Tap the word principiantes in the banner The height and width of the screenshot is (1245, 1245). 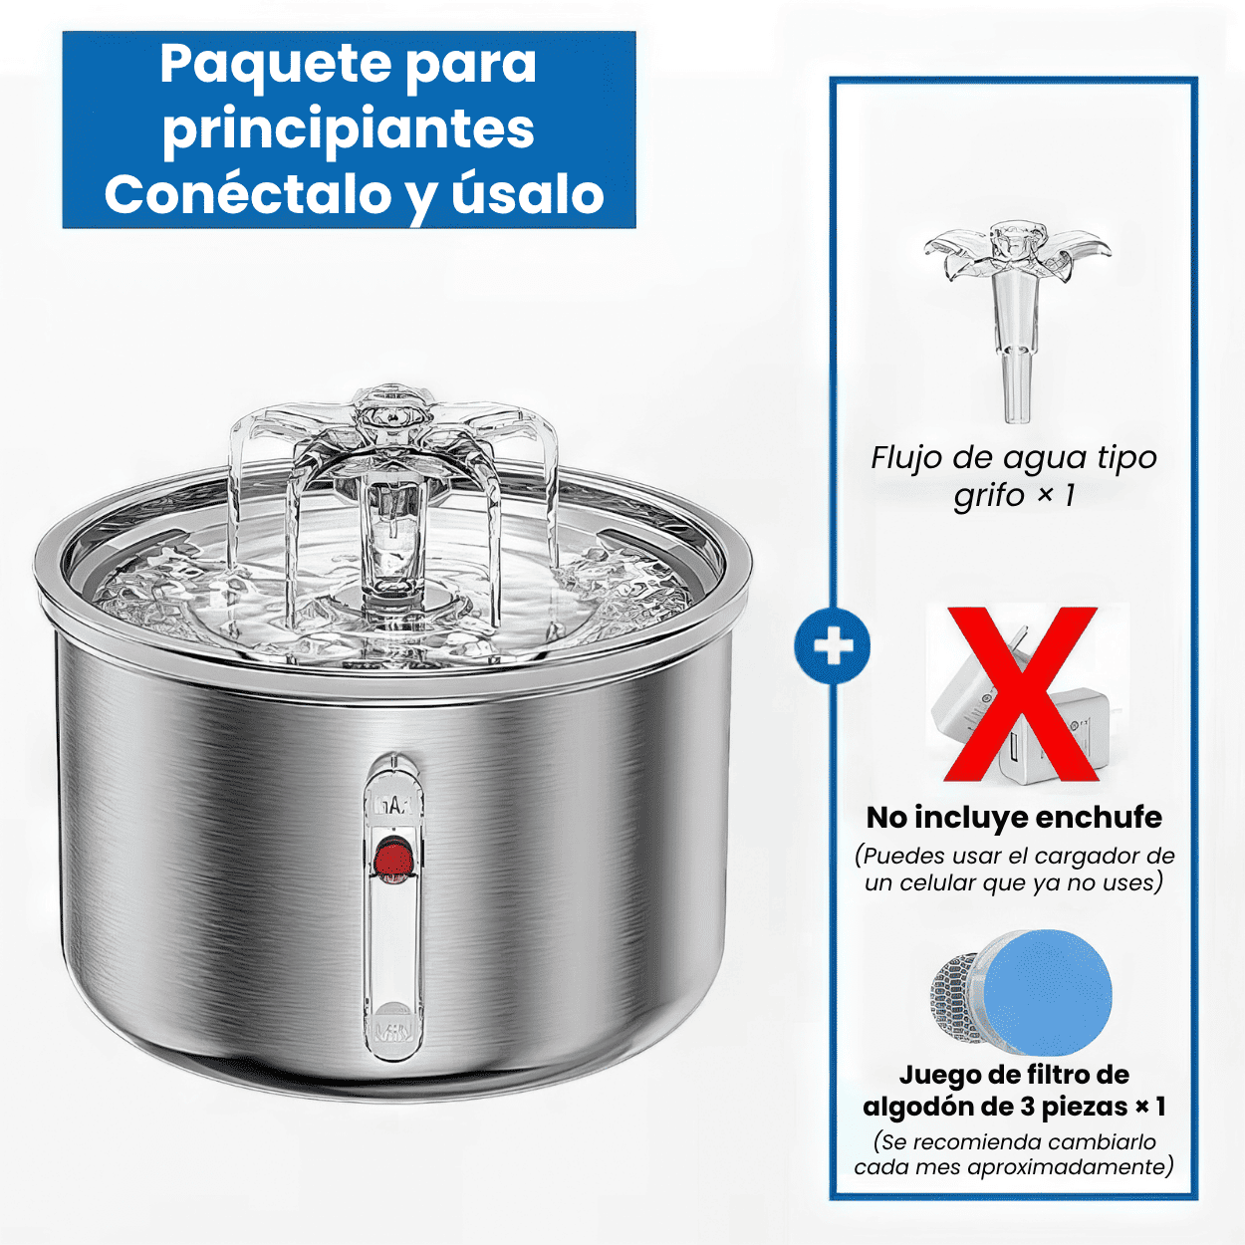tap(349, 129)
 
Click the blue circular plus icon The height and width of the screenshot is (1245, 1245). tap(832, 646)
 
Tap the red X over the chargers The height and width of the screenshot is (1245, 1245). tap(1021, 694)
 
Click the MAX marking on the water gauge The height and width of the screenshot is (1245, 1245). tap(392, 806)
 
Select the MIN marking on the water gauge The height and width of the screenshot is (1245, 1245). tap(393, 1026)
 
